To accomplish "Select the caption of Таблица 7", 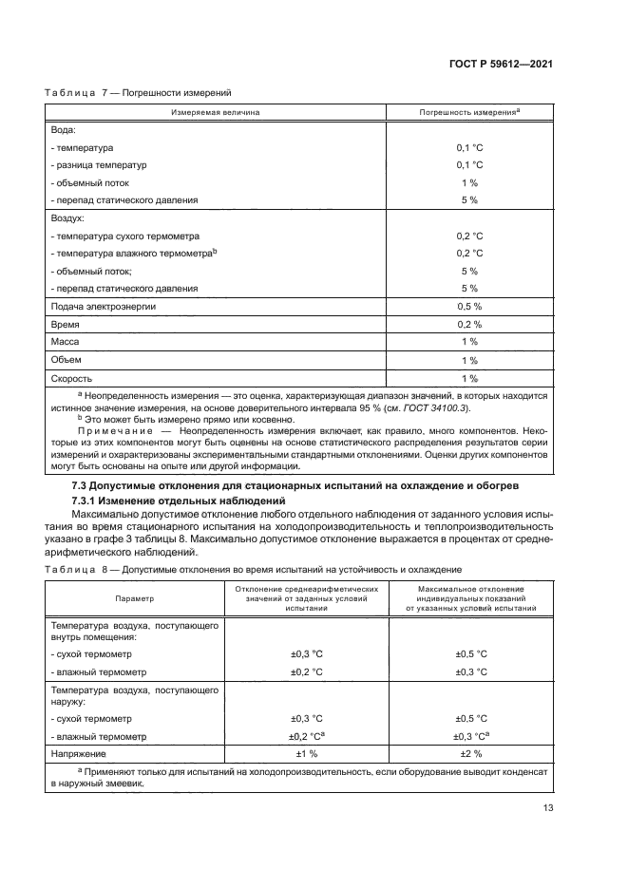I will [139, 93].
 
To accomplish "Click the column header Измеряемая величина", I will [215, 113].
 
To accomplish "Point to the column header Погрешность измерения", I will [467, 113].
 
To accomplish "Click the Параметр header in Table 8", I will [134, 598].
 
